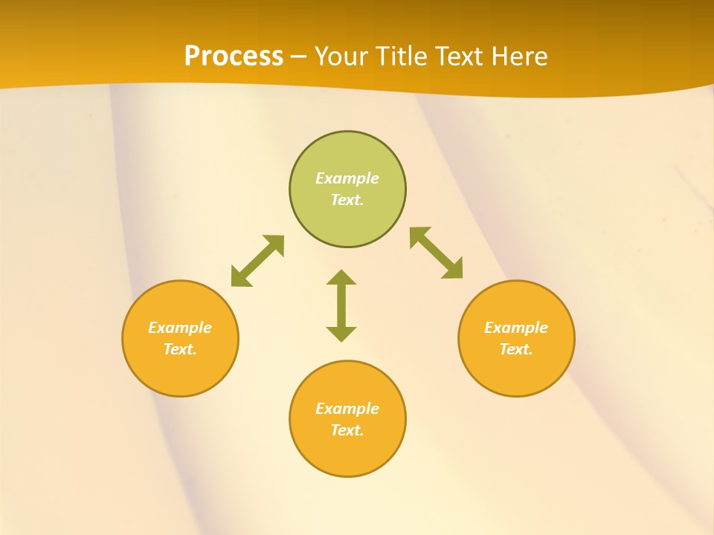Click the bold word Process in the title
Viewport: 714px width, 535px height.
pyautogui.click(x=234, y=56)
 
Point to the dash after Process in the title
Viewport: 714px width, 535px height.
pyautogui.click(x=298, y=57)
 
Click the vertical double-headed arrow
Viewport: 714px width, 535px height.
pyautogui.click(x=341, y=305)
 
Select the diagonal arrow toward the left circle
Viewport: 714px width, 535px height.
pyautogui.click(x=257, y=261)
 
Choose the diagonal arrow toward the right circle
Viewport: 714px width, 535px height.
pyautogui.click(x=437, y=253)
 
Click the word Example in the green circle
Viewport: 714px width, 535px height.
pyautogui.click(x=347, y=178)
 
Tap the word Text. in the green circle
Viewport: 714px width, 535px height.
pyautogui.click(x=347, y=200)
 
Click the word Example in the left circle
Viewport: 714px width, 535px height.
pyautogui.click(x=180, y=328)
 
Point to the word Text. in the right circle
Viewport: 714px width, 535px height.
pyautogui.click(x=516, y=349)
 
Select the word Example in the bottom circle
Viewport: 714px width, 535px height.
pyautogui.click(x=347, y=409)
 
